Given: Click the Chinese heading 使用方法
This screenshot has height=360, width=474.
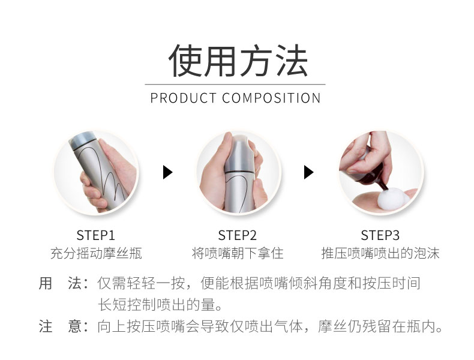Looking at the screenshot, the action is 238,61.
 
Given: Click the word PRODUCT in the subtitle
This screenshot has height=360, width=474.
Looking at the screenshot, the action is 183,98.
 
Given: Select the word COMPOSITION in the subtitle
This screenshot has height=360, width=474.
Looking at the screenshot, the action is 271,98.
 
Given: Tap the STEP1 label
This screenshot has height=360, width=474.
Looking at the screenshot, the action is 95,235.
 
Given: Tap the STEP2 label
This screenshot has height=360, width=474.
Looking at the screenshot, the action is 238,235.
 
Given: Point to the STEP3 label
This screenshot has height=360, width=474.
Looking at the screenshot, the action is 380,235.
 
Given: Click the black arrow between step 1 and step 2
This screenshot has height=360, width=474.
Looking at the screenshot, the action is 167,172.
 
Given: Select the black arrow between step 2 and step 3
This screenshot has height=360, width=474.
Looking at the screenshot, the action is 308,172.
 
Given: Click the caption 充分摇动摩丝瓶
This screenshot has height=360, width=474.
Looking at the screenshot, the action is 96,253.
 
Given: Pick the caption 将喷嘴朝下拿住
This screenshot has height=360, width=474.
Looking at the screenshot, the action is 238,253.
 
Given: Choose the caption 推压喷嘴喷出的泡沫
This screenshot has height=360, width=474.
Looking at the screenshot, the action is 380,253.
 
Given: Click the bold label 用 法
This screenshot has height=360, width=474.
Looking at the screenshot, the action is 60,283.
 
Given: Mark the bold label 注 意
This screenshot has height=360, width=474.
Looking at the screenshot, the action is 60,326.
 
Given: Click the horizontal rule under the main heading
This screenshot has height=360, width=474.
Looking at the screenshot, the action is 235,85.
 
